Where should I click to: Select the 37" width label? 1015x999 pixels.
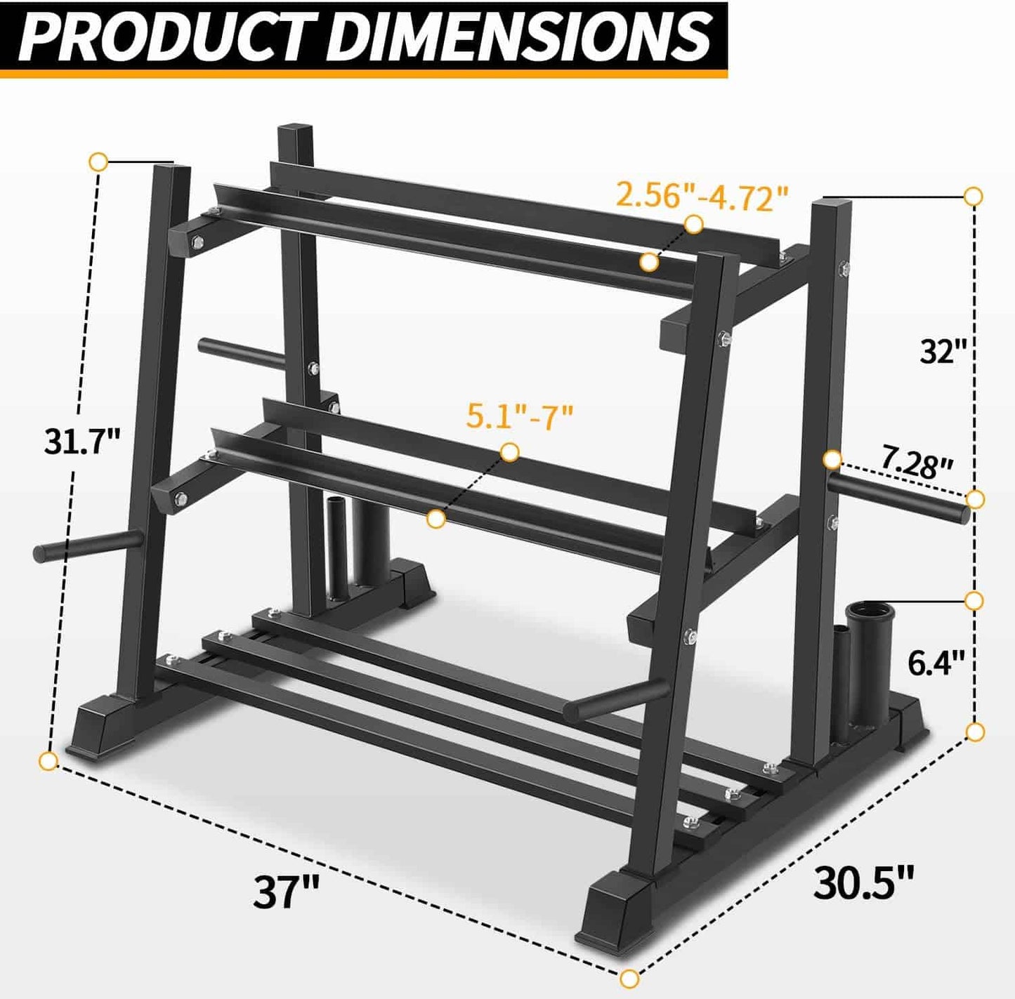click(x=286, y=892)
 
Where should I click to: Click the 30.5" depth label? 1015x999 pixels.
click(x=863, y=882)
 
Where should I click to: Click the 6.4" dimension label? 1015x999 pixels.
click(x=936, y=662)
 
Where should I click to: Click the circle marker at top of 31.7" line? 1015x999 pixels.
click(x=98, y=162)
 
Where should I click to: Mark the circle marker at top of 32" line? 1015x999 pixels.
click(x=974, y=197)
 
